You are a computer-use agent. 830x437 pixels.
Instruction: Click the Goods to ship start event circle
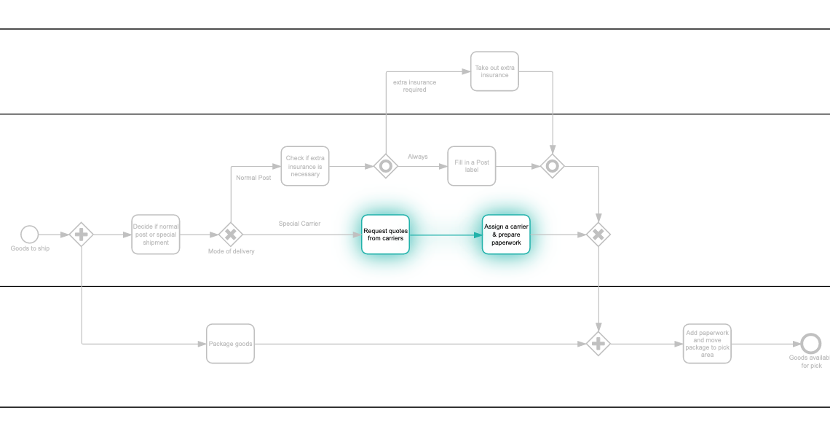tap(29, 235)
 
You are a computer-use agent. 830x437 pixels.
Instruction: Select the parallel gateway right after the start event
tap(82, 235)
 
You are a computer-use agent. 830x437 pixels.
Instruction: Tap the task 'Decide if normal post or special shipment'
tap(156, 235)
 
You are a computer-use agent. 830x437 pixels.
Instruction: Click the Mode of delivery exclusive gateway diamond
tap(231, 235)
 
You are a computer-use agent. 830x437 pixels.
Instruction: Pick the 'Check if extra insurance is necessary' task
tap(305, 166)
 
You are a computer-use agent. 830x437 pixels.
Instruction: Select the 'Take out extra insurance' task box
tap(494, 71)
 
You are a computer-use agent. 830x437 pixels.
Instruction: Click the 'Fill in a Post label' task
tap(472, 166)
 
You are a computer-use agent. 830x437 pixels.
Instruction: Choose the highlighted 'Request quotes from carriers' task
tap(385, 235)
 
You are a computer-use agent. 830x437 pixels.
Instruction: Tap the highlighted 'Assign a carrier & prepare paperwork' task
tap(506, 235)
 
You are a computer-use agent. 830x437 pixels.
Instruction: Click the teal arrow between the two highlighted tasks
tap(446, 235)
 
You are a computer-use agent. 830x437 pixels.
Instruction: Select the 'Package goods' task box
tap(230, 344)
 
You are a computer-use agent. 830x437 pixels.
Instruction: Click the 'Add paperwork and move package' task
tap(707, 344)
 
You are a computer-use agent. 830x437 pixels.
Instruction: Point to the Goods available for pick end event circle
tap(810, 344)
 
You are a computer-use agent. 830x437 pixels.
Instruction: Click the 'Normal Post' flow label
tap(253, 178)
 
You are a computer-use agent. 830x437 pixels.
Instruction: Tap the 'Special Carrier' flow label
tap(299, 224)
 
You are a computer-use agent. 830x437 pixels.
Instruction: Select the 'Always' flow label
tap(418, 157)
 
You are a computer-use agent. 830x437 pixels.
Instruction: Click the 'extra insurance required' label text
tap(414, 86)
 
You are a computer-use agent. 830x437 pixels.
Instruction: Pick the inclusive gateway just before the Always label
tap(386, 166)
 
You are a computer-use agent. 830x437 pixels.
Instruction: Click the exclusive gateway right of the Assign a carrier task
tap(598, 235)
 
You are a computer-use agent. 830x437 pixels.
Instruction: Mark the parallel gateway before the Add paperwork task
tap(598, 344)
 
